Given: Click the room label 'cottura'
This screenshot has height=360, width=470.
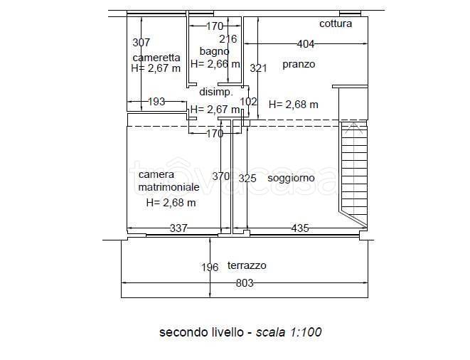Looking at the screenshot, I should tap(335, 23).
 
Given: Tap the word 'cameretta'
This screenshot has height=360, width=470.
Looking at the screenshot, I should tap(156, 58).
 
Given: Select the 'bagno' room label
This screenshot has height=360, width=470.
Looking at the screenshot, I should tap(214, 51).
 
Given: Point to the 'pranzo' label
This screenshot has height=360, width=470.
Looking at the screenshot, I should tap(298, 64).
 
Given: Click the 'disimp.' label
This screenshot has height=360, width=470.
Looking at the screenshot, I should tap(215, 92).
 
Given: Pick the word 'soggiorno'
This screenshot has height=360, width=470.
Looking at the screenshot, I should tap(291, 178).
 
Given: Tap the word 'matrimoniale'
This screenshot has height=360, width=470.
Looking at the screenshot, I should tap(169, 187).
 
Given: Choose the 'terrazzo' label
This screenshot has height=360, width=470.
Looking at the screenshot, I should tap(247, 265).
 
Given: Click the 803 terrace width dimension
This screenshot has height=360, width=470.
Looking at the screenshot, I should tap(245, 282).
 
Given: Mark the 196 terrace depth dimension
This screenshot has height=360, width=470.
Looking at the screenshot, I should tap(210, 268).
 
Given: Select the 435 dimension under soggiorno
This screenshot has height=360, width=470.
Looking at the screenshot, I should tap(300, 228).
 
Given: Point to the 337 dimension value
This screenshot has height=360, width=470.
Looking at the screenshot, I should tap(178, 228).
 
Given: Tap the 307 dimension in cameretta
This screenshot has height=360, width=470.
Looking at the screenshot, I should tap(141, 43).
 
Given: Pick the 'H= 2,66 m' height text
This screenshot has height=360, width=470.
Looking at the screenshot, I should tap(215, 64).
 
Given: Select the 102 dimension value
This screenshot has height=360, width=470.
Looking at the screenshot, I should tap(248, 102).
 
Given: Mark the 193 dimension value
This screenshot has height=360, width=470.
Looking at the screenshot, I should tap(156, 102).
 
